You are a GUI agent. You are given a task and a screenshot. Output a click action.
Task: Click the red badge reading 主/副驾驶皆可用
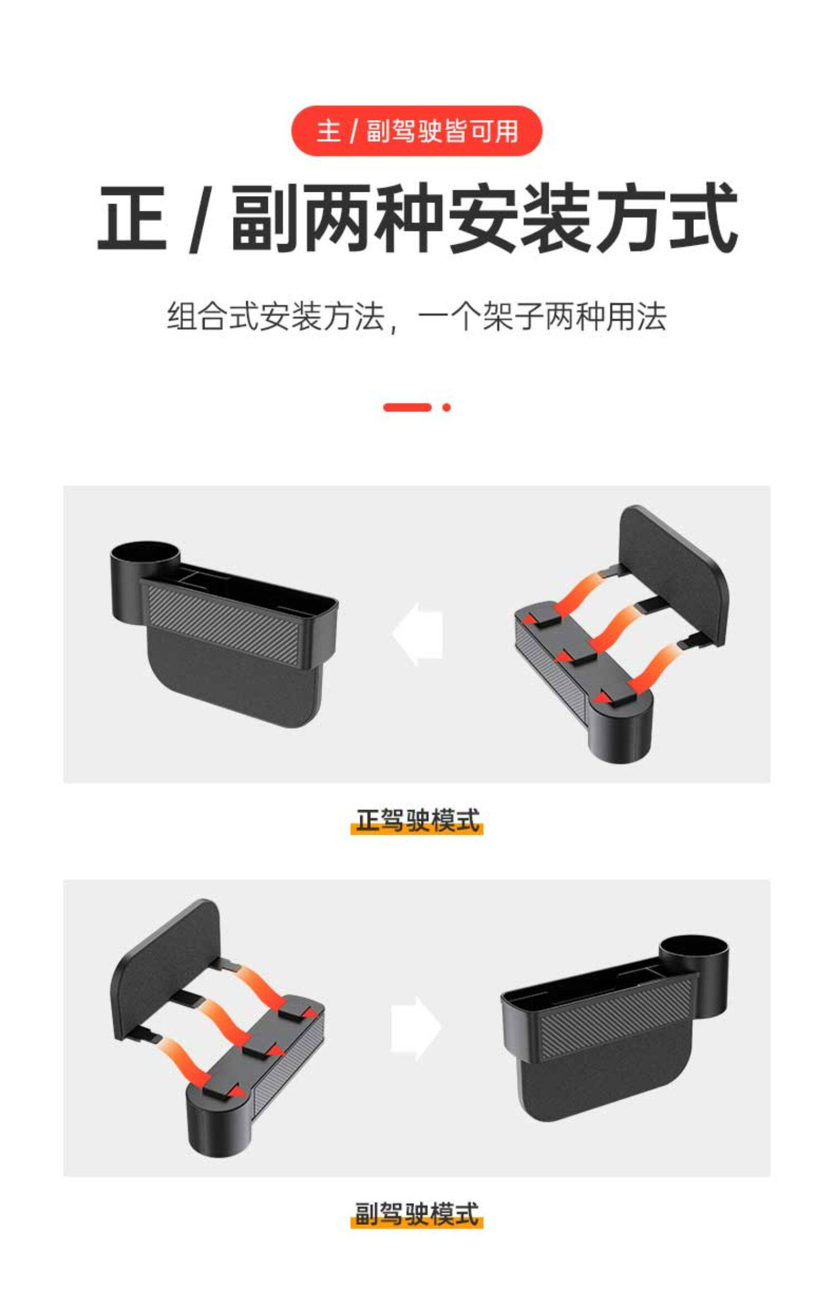click(416, 131)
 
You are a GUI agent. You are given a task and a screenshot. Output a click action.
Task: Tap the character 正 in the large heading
click(132, 217)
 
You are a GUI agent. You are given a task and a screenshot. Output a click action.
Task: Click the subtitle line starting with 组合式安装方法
click(416, 317)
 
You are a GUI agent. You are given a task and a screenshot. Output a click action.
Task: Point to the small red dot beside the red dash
click(446, 408)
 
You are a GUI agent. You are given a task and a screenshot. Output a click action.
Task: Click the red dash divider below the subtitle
click(407, 408)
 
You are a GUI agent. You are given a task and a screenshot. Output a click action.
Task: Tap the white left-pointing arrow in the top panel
click(418, 634)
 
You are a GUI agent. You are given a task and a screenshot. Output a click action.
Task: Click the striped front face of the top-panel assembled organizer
click(225, 620)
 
